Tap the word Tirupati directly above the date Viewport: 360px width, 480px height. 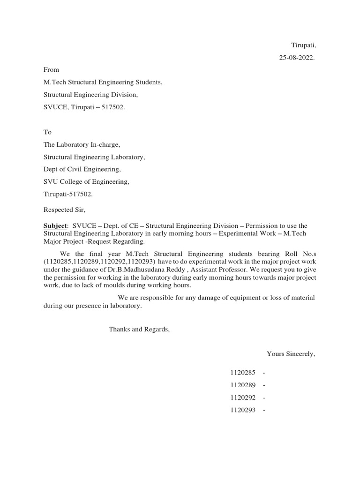point(304,45)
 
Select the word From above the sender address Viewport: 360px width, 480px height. point(51,70)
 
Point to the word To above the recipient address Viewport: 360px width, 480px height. point(47,132)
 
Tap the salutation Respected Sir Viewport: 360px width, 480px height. point(65,210)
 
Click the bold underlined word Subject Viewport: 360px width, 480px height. point(55,226)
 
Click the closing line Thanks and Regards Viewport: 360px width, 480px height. point(139,330)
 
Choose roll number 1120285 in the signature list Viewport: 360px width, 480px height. point(242,373)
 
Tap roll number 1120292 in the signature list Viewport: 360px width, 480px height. point(242,398)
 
